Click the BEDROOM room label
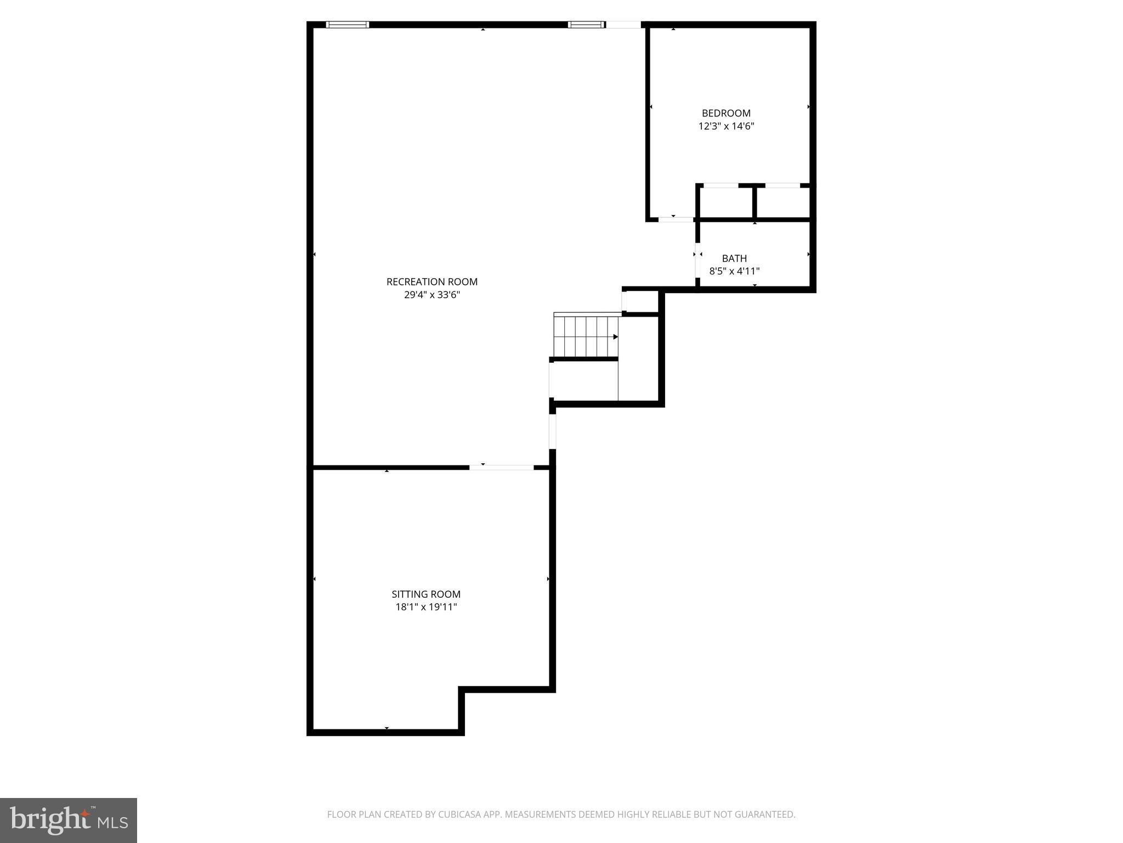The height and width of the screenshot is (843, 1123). pos(726,114)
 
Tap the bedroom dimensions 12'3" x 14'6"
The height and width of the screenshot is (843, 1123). pos(726,126)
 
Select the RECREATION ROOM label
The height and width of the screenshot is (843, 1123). pos(432,282)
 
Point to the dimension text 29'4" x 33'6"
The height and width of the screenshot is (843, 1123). pos(432,295)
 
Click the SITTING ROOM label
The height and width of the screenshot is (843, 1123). pos(426,594)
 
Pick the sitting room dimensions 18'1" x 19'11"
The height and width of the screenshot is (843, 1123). pos(426,607)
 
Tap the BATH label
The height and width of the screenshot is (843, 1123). pos(734,258)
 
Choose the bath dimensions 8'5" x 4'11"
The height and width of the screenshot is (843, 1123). pos(734,271)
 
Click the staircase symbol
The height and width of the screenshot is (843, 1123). pos(586,336)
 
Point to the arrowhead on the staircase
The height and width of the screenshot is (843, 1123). pos(616,336)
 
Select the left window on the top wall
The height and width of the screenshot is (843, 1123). pos(347,25)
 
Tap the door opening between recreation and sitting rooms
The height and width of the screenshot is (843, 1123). pos(501,468)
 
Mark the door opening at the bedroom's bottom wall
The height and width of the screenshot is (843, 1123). pos(676,220)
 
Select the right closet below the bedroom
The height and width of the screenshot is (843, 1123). pos(783,203)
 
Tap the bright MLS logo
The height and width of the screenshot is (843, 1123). pos(69,820)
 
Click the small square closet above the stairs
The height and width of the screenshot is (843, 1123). pos(642,301)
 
